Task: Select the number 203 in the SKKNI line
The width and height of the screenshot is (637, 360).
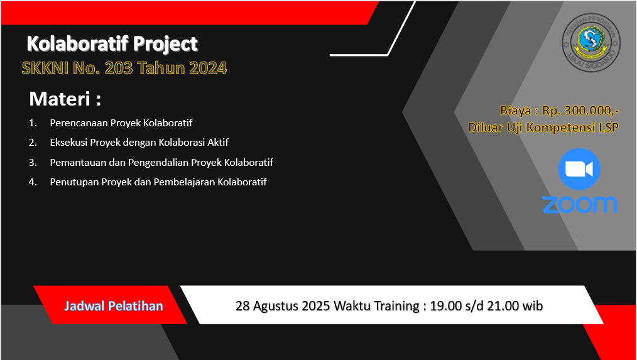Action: click(119, 68)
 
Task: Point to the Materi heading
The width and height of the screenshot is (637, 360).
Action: click(65, 99)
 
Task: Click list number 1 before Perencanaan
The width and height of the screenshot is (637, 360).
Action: click(33, 123)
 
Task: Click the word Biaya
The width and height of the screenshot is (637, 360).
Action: click(516, 111)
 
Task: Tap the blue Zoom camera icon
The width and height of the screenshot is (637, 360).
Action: click(579, 169)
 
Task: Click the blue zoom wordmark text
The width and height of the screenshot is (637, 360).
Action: click(580, 204)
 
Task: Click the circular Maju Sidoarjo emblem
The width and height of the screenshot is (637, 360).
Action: click(591, 42)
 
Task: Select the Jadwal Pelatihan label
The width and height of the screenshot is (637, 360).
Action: click(114, 306)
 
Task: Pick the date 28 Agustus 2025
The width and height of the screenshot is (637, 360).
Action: click(283, 305)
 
